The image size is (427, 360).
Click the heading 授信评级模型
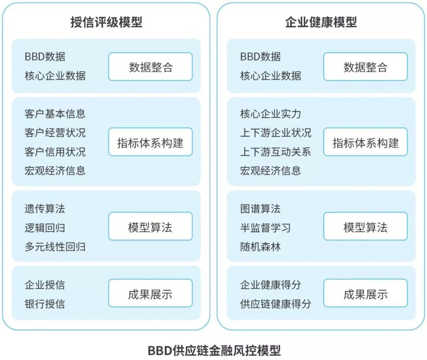106,22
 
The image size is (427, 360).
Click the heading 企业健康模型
321,22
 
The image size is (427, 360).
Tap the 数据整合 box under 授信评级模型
150,67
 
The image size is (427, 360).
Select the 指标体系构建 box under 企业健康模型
365,142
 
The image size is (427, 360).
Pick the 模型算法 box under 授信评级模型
150,227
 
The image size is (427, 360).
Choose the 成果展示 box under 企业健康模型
365,294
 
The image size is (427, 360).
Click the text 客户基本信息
55,114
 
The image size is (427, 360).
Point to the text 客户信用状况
55,152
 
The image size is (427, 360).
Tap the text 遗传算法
45,208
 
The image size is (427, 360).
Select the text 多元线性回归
55,247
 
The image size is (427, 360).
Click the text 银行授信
45,304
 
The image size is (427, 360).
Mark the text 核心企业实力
270,114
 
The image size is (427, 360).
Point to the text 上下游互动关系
276,152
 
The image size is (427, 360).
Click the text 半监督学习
265,228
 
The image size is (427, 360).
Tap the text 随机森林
260,247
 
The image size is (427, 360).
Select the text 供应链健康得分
276,304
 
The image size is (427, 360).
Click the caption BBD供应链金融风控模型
214,350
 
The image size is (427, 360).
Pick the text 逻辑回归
45,228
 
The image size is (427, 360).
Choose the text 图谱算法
260,208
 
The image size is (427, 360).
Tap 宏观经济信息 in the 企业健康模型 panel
270,171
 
